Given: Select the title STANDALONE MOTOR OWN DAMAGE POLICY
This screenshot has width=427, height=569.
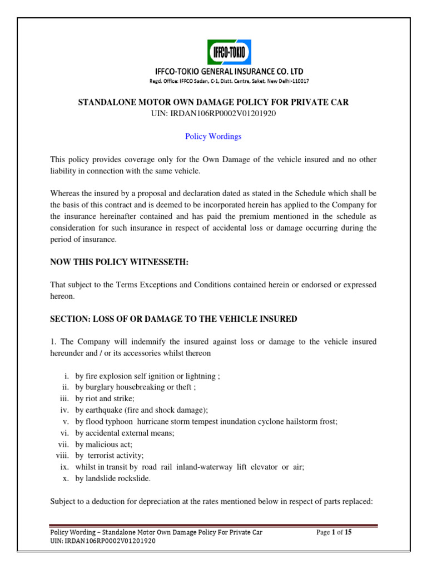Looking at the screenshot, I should coord(213,103).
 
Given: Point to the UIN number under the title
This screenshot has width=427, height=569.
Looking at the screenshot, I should coord(213,113).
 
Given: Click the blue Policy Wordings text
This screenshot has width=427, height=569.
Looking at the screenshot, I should coord(213,136).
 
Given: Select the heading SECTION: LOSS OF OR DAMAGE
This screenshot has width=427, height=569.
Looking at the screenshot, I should coord(173,319).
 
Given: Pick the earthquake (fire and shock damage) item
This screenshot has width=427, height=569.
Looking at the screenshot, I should coord(141,411).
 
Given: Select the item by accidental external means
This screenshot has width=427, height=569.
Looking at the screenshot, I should coord(125,433).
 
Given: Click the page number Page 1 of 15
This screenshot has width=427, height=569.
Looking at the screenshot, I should coord(334,532).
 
